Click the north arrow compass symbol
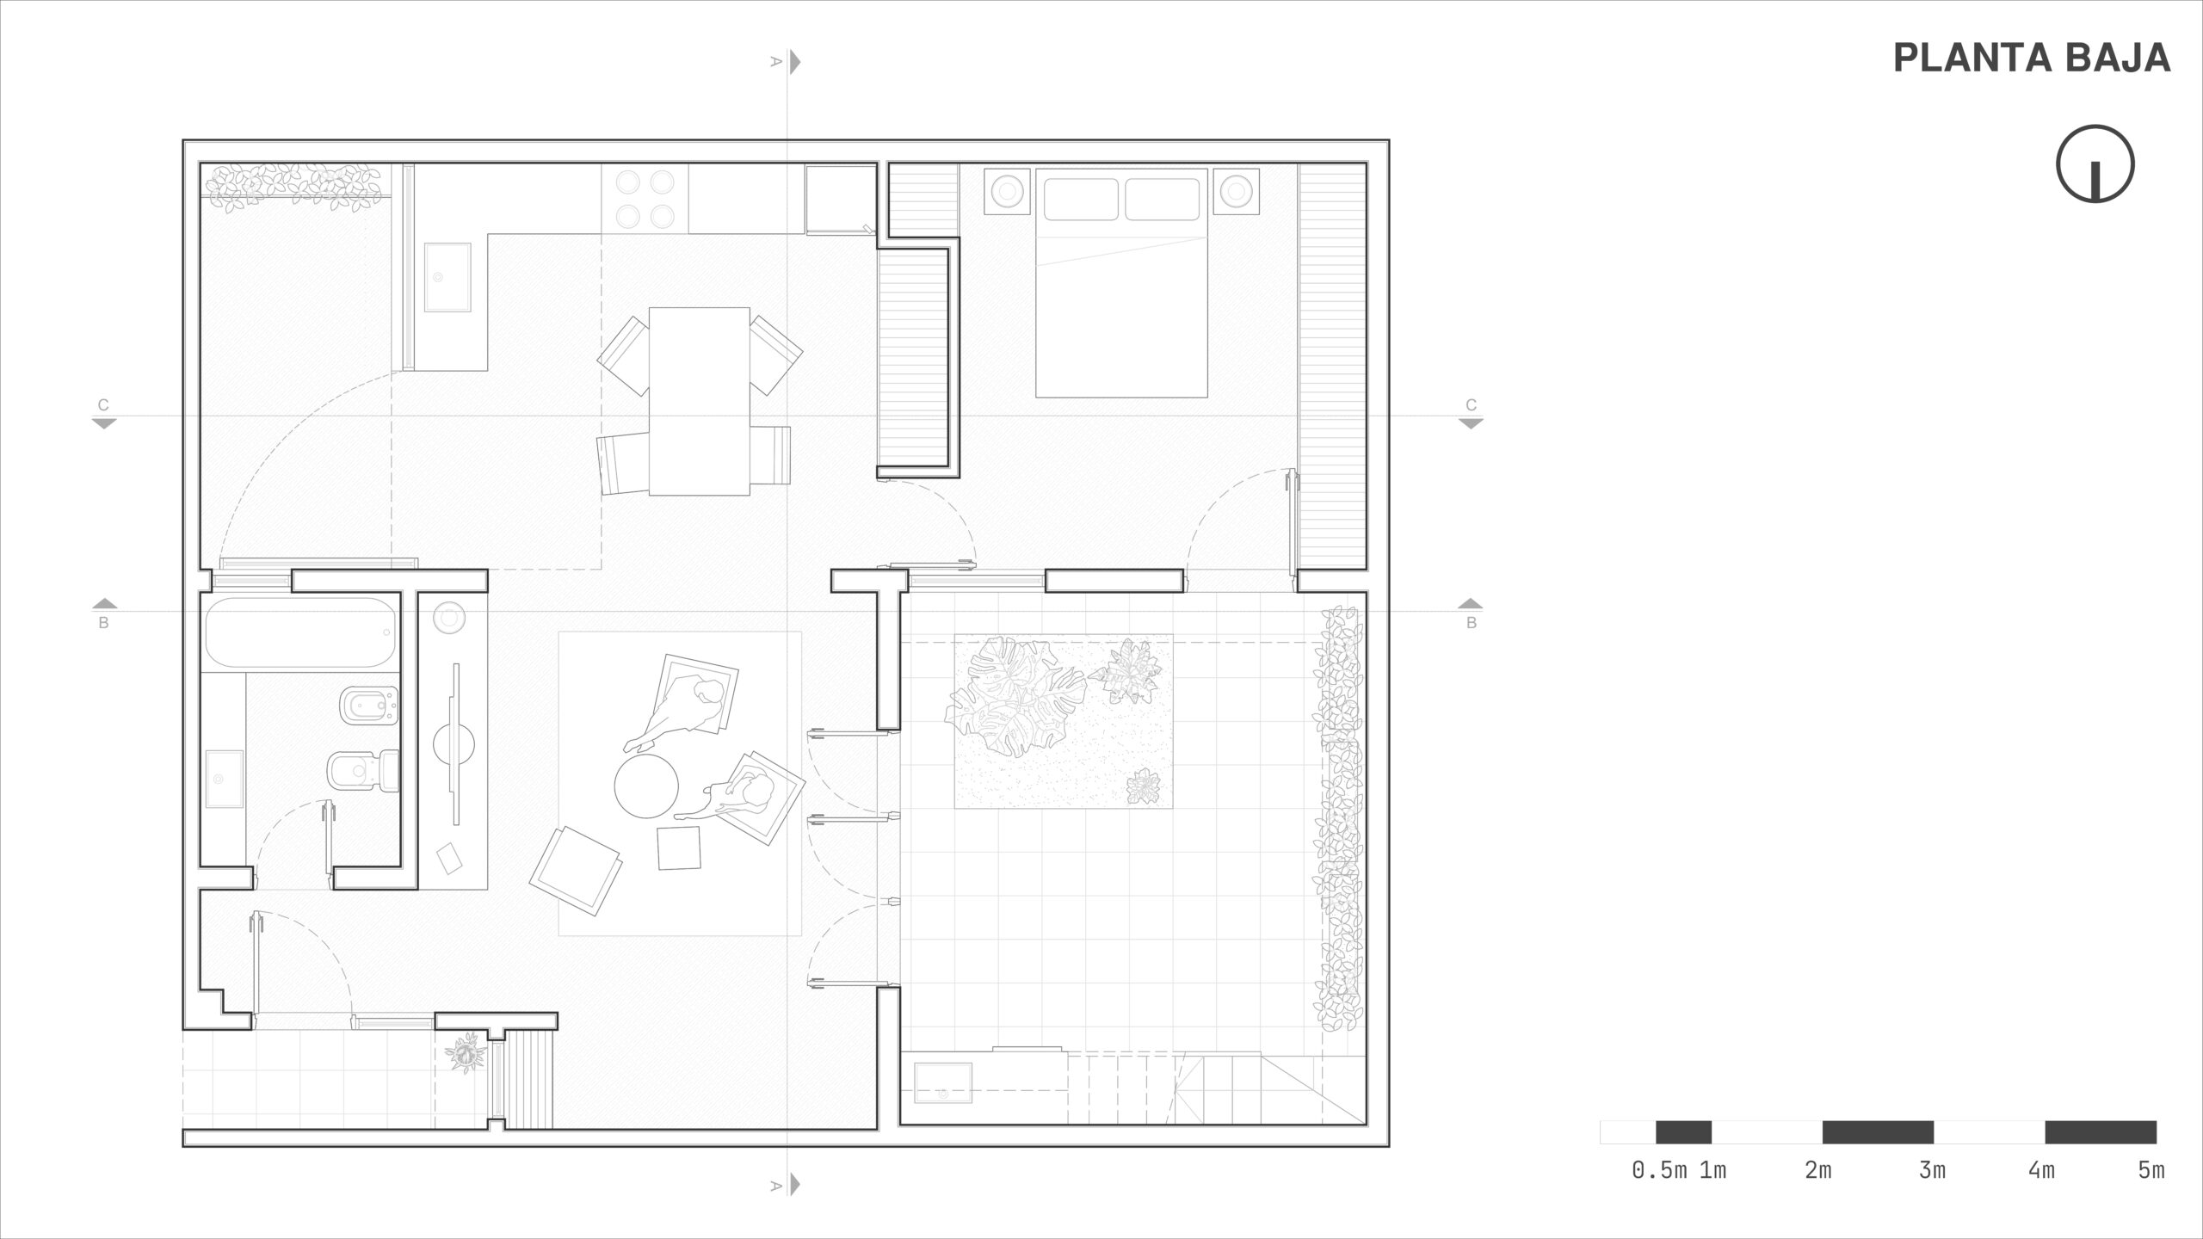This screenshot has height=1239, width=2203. click(x=2095, y=163)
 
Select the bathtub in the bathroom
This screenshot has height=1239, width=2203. click(x=301, y=632)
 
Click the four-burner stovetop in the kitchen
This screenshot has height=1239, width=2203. click(x=644, y=199)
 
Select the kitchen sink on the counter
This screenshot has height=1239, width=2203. click(x=447, y=277)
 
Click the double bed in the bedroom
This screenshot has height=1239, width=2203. click(x=1121, y=283)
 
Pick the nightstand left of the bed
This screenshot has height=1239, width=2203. click(x=1007, y=191)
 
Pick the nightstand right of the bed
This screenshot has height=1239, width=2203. click(x=1237, y=191)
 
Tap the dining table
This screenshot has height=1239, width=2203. click(x=699, y=401)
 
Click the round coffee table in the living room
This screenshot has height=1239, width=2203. click(x=646, y=786)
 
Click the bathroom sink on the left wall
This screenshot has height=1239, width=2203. click(x=224, y=779)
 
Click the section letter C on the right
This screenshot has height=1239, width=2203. click(x=1472, y=405)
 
